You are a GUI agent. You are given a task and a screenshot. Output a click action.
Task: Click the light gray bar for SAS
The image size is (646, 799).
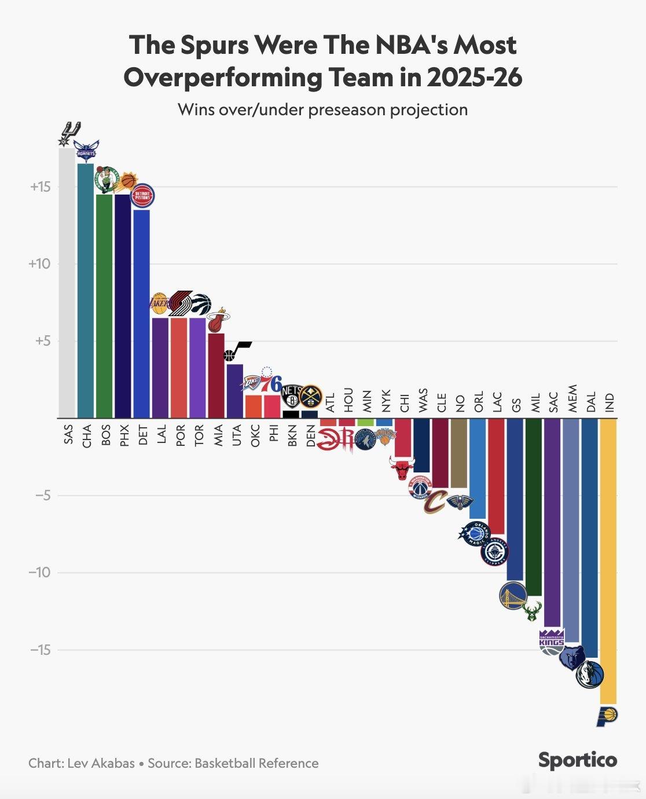[x=67, y=284]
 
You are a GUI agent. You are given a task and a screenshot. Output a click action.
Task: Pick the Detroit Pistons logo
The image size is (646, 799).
[x=142, y=196]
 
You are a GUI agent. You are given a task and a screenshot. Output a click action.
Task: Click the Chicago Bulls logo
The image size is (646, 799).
[x=402, y=468]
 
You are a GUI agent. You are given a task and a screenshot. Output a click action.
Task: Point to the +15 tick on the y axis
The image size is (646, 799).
[x=41, y=187]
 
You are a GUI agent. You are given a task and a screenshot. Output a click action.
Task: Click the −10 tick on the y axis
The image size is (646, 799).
[x=40, y=573]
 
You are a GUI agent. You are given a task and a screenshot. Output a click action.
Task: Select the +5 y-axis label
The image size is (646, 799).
[x=43, y=341]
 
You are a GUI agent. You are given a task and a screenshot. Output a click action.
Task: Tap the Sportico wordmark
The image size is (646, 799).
[x=577, y=760]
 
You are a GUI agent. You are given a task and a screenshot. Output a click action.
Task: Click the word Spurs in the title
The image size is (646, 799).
[x=216, y=45]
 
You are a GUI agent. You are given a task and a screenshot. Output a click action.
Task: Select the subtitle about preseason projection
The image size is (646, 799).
[x=322, y=109]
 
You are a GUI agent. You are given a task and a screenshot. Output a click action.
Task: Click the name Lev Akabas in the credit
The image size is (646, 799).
[x=101, y=763]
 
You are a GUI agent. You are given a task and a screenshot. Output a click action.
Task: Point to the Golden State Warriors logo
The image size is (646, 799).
[x=513, y=596]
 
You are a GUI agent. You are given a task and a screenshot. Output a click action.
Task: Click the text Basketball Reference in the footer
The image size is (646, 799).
[x=256, y=763]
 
